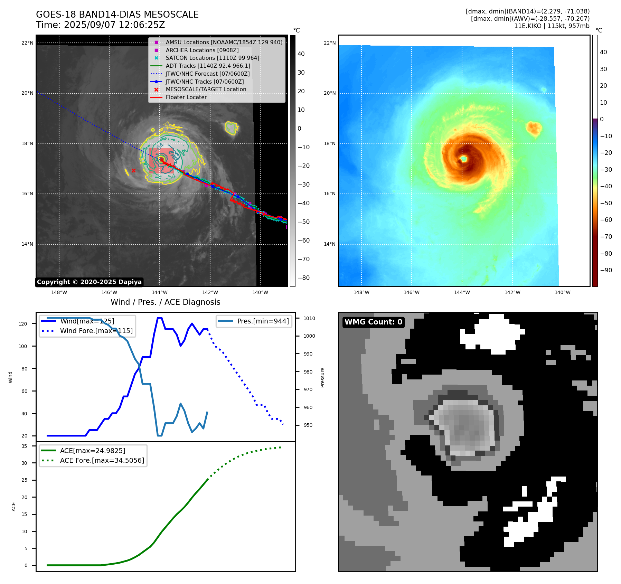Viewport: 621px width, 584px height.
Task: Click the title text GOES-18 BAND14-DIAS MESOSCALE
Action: point(117,15)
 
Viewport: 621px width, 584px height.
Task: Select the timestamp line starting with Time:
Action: point(100,25)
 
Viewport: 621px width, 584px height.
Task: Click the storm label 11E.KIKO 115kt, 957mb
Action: point(552,26)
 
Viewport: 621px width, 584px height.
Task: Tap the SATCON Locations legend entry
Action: point(212,58)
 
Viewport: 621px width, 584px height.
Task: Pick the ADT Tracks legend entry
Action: point(208,66)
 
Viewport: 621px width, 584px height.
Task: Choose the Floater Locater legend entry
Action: point(186,97)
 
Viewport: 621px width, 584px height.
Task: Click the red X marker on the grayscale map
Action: point(133,170)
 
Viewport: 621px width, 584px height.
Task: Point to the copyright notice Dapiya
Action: point(89,282)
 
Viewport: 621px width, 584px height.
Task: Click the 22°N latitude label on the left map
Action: point(27,43)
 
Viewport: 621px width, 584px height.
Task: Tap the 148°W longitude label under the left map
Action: point(59,292)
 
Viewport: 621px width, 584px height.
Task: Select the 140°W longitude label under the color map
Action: point(563,292)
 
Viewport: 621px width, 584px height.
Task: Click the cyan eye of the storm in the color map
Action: point(463,159)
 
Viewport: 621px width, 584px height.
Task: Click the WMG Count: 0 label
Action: point(373,322)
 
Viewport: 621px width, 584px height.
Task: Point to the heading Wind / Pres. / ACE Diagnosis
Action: point(165,302)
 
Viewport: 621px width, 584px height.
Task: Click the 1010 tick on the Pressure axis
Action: point(309,318)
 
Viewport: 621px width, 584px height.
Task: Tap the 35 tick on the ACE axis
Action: point(24,446)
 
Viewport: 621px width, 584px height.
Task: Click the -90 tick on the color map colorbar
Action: point(606,270)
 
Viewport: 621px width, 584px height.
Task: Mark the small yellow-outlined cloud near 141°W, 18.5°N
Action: point(231,128)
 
